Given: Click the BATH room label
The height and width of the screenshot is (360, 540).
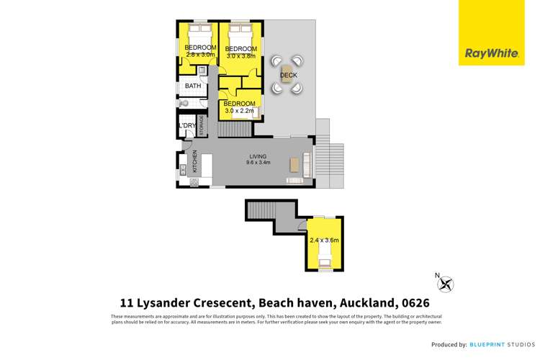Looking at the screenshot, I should tap(193, 86).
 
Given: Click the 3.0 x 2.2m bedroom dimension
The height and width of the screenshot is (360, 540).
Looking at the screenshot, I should tap(240, 111).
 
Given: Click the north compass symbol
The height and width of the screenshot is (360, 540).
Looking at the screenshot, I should tap(446, 284).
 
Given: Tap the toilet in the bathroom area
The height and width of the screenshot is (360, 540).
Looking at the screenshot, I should tap(184, 104).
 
